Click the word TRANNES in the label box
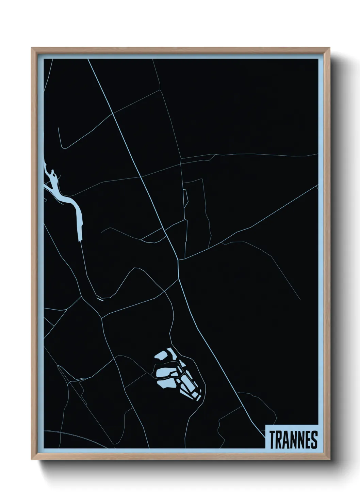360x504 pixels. click(293, 440)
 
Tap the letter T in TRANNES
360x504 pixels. click(273, 440)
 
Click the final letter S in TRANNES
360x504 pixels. click(314, 440)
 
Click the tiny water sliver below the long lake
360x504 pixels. click(100, 299)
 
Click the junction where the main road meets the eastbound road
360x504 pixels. click(179, 261)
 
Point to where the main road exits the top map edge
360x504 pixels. click(88, 59)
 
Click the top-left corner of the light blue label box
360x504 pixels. click(265, 424)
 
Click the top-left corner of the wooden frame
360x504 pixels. click(32, 48)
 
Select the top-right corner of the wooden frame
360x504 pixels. click(330, 48)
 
